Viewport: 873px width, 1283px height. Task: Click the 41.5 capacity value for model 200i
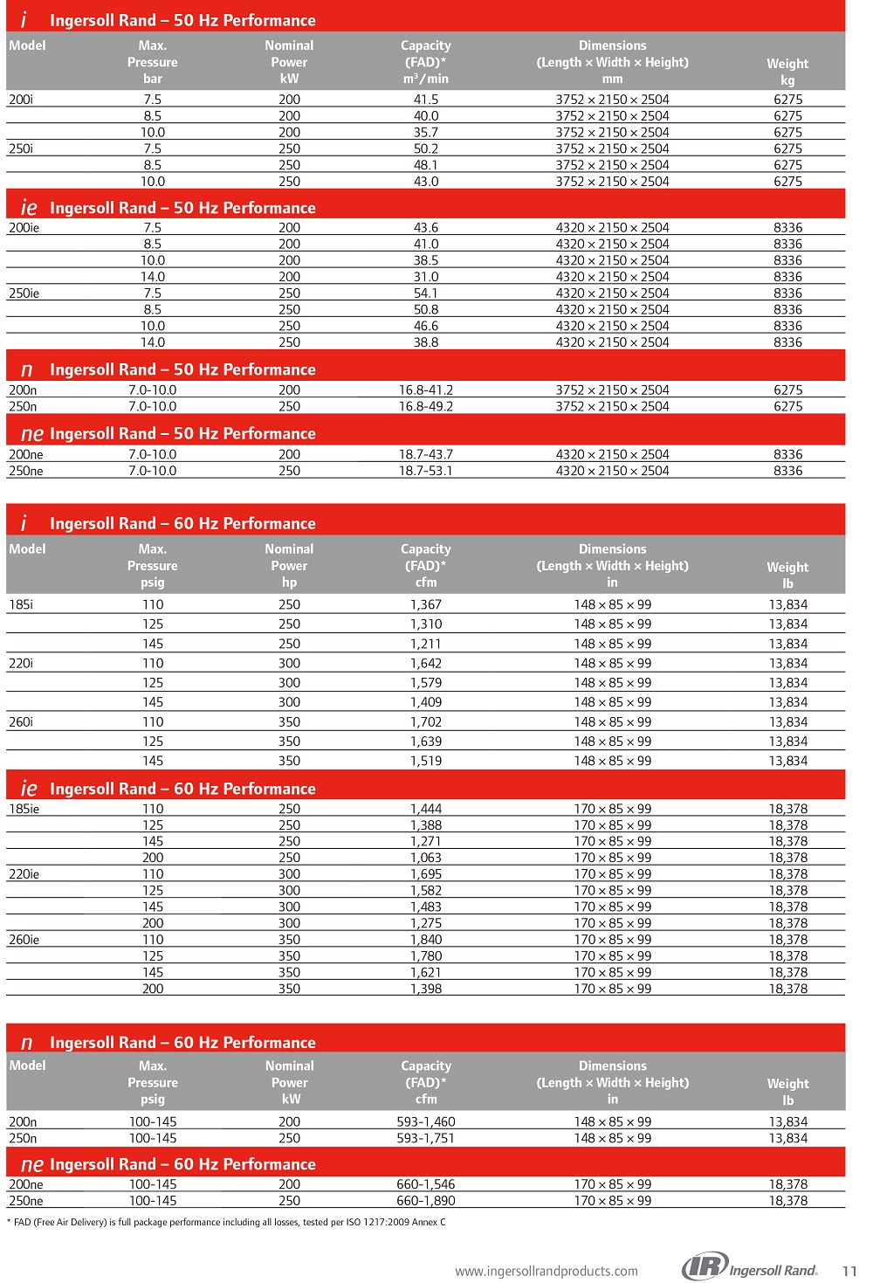426,100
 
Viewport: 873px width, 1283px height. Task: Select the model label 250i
21,148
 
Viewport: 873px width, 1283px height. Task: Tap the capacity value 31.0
426,277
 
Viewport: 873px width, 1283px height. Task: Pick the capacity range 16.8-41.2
426,390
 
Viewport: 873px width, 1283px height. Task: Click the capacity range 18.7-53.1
426,471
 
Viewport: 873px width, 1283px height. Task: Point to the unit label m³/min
426,79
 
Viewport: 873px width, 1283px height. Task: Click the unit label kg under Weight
787,79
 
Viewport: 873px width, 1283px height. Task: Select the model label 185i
21,604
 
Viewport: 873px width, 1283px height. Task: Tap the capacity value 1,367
426,604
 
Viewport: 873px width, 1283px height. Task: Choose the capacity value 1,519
426,761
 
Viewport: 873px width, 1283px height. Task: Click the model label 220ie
24,874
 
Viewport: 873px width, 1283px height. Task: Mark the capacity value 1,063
426,858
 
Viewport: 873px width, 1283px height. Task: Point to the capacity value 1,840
426,940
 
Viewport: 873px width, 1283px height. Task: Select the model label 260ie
24,940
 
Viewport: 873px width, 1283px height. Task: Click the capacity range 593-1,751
426,1138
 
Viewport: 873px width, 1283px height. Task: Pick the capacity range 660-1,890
426,1201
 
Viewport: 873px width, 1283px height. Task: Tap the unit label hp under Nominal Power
289,583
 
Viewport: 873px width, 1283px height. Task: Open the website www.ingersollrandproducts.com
546,1272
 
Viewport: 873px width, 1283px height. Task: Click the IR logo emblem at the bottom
705,1266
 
